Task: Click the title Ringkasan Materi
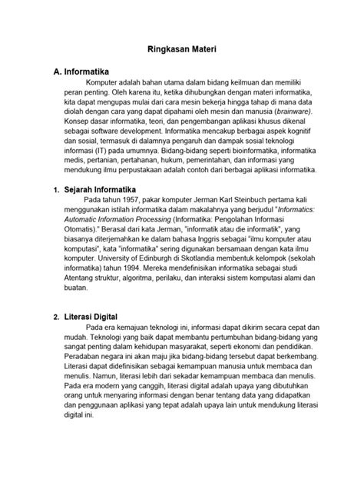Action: tap(182, 48)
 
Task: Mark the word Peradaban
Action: tap(85, 358)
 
